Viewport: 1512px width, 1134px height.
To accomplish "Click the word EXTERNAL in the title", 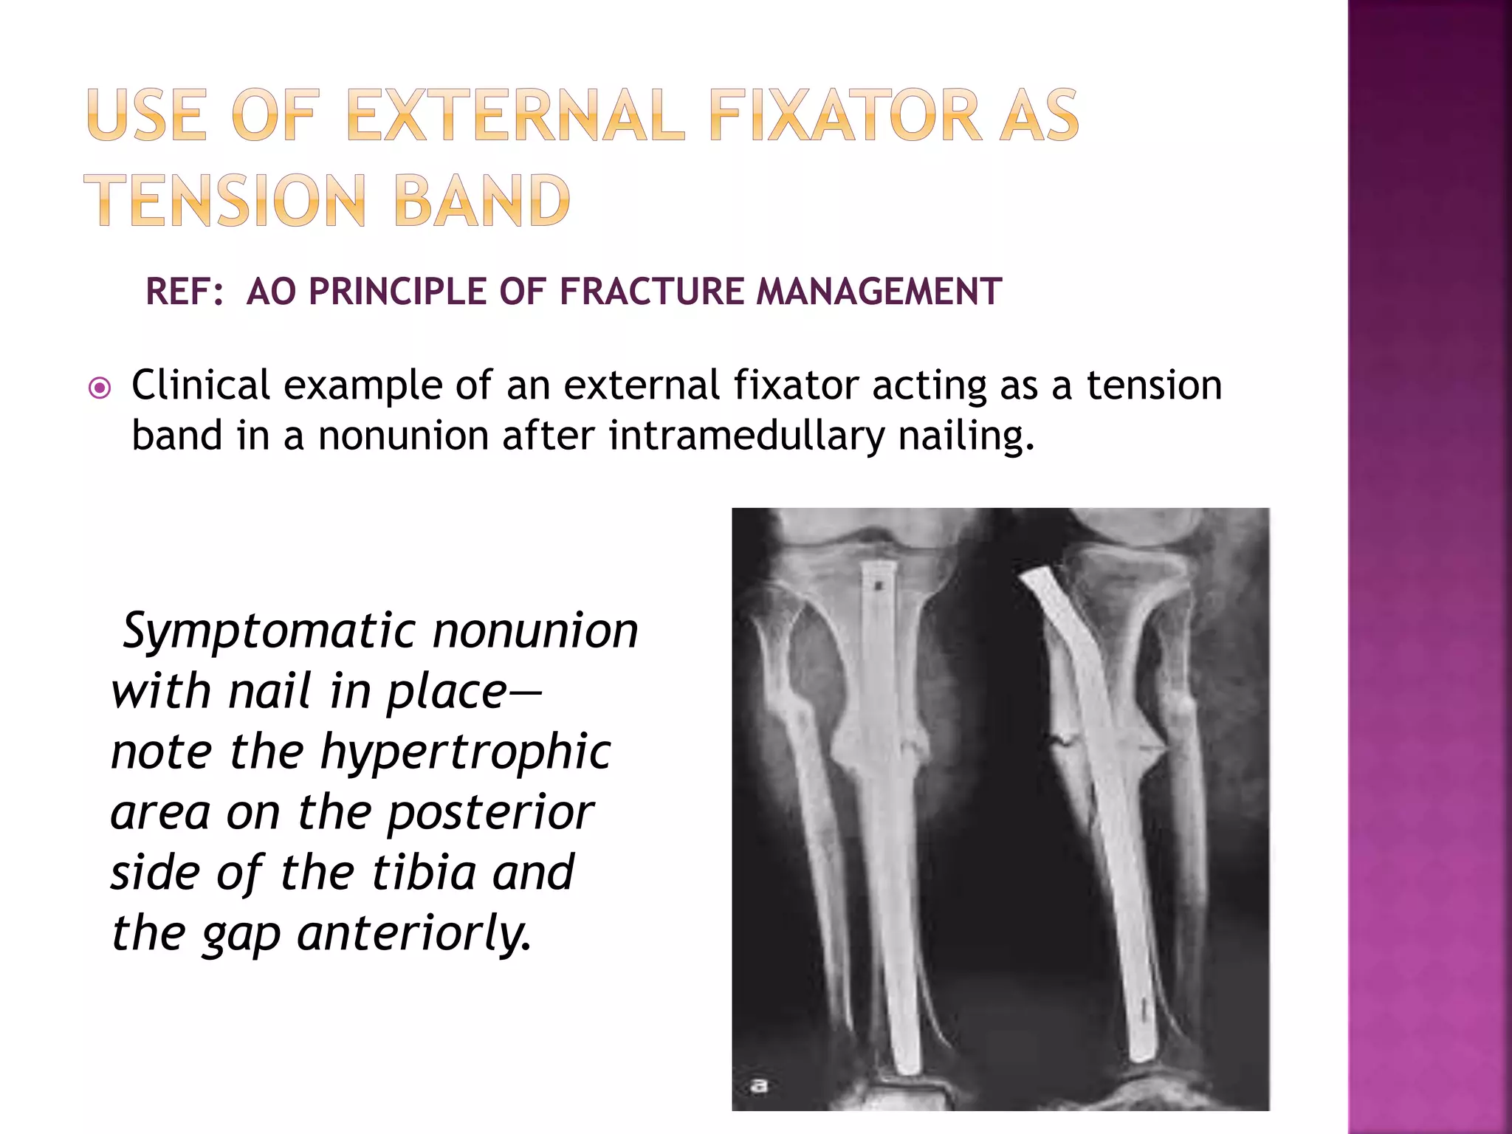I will coord(515,115).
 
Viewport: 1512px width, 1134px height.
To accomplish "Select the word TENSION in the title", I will coord(226,200).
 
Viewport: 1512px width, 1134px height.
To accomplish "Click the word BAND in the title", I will coord(482,200).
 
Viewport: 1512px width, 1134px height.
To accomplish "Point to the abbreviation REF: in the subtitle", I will coord(185,292).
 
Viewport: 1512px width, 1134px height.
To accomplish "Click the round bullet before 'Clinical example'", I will coord(100,388).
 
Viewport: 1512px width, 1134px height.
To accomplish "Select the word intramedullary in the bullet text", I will coord(746,436).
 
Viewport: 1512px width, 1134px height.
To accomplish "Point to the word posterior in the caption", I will coord(490,813).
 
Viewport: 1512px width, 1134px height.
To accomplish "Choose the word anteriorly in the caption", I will coord(413,934).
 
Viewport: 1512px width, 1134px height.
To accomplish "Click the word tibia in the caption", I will coord(424,873).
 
